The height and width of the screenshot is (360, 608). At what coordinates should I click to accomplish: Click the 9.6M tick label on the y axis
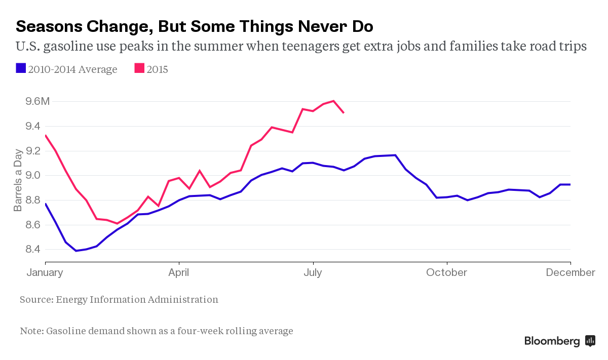pos(37,101)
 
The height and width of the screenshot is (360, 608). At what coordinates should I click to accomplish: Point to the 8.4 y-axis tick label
pos(33,249)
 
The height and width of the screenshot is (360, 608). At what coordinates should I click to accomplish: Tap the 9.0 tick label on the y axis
pos(33,175)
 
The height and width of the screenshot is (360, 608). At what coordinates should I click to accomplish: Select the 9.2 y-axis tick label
pos(33,150)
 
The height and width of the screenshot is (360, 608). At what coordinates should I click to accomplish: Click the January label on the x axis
pos(45,272)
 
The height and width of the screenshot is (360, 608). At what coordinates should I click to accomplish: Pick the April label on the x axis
pos(179,272)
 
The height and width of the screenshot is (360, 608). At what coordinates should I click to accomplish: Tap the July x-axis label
pos(313,272)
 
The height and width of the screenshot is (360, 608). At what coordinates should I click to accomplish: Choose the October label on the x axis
pos(446,272)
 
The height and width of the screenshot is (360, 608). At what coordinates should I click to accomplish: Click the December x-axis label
pos(571,272)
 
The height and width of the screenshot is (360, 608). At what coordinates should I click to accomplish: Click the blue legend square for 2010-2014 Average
pos(21,68)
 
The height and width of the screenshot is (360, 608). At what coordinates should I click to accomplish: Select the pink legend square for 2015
pos(139,68)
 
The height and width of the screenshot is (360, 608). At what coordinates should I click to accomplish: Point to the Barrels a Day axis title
pos(18,180)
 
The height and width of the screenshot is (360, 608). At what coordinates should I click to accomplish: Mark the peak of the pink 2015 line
pos(333,101)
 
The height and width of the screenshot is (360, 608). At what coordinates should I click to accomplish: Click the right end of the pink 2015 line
pos(344,112)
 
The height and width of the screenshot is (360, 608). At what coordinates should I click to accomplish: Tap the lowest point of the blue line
pos(76,251)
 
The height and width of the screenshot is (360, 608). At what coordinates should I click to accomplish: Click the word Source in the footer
pos(35,299)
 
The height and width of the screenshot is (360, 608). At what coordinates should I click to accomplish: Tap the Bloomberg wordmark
pos(552,341)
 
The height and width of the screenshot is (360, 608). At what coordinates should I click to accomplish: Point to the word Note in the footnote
pos(31,331)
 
